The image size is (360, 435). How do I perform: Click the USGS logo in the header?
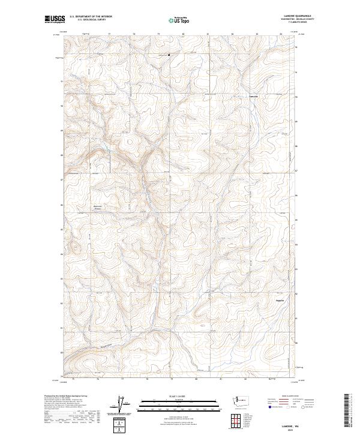pos(53,20)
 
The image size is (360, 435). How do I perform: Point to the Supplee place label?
pos(280,299)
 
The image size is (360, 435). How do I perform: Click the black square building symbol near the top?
pos(169,56)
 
